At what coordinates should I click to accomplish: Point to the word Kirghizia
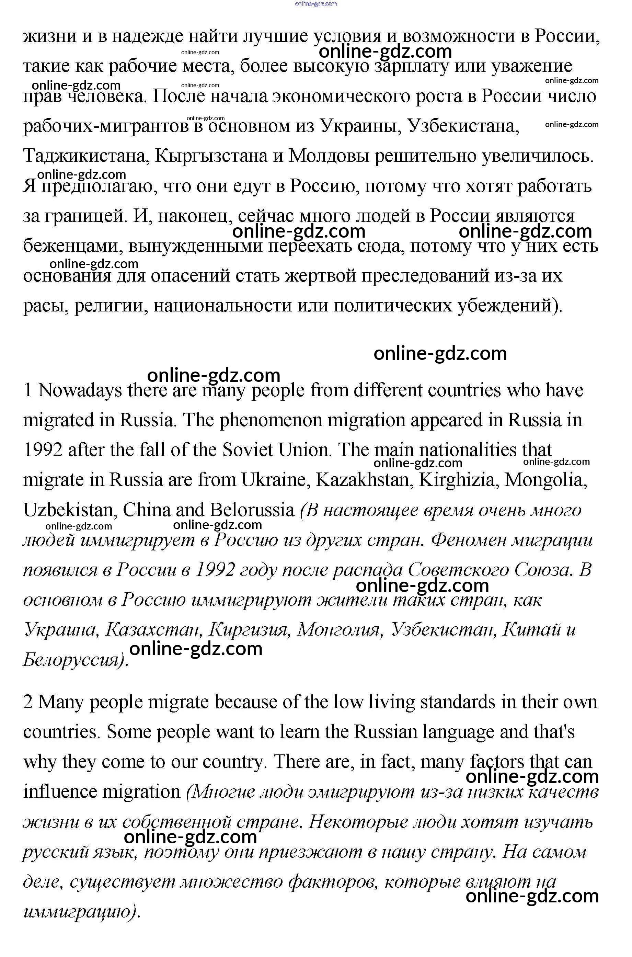tap(457, 480)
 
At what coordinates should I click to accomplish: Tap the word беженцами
tap(72, 246)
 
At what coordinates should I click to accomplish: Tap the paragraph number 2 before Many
tap(27, 702)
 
